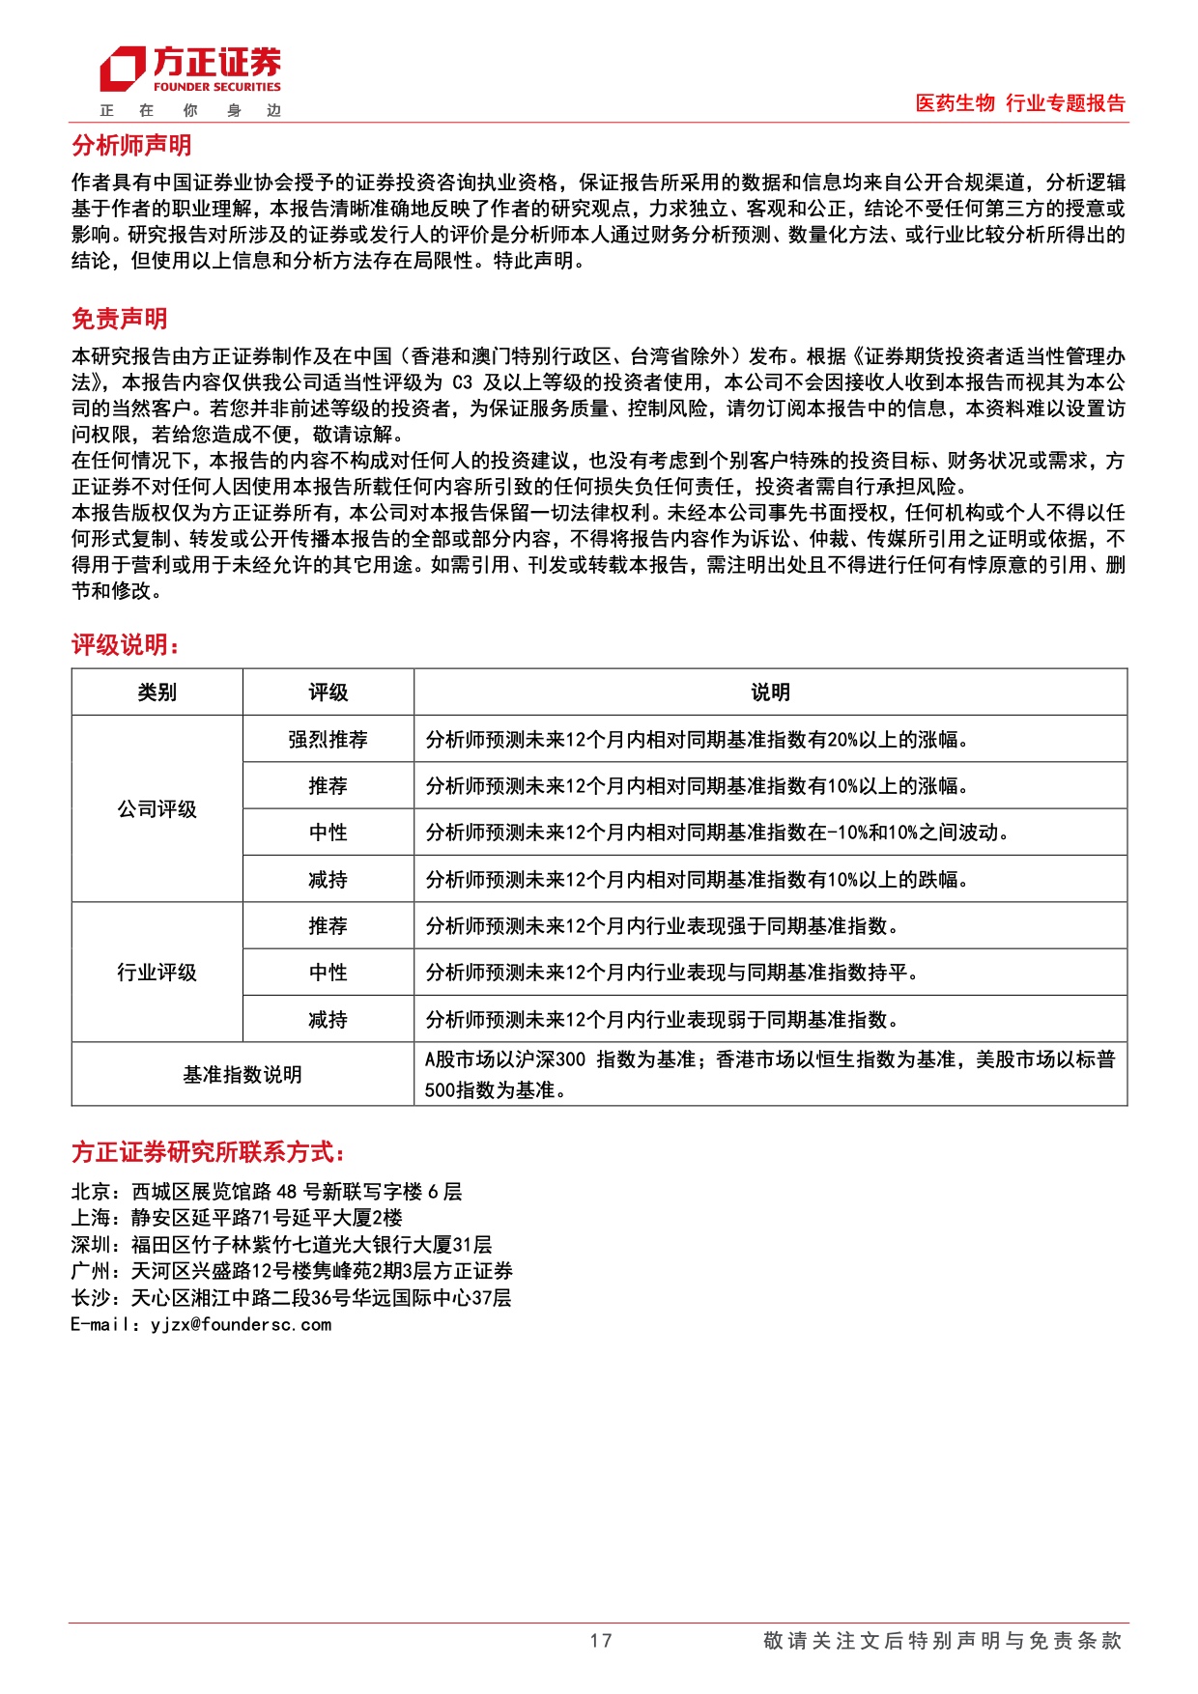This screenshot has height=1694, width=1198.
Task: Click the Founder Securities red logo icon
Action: pos(123,70)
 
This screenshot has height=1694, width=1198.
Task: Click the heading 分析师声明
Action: pos(131,146)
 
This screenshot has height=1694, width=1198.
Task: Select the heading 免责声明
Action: pos(120,319)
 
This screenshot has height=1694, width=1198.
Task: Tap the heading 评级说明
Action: pos(126,645)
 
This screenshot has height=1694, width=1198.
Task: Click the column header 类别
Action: pos(157,692)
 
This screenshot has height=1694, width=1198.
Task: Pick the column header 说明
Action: pos(770,692)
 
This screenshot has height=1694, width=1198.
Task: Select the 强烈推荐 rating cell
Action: pos(328,740)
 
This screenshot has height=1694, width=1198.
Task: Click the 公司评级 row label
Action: pos(157,809)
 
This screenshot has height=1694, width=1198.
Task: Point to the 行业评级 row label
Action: pos(157,973)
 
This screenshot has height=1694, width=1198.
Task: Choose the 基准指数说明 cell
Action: pos(242,1075)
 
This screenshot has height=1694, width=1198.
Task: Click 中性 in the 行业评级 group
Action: pos(328,973)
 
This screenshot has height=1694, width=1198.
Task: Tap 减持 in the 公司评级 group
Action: pos(328,880)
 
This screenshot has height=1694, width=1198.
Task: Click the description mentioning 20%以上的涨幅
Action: pos(697,740)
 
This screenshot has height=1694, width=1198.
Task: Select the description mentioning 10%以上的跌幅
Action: pos(697,880)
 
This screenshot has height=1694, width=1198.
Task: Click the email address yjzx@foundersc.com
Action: pos(241,1325)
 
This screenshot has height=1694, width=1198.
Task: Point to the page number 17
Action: pos(600,1641)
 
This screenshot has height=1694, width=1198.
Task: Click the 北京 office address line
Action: pos(267,1192)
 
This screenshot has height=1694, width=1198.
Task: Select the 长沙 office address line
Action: pos(291,1298)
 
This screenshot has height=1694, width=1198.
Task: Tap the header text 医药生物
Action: pos(955,103)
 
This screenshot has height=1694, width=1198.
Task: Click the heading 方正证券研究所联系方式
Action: pos(208,1152)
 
